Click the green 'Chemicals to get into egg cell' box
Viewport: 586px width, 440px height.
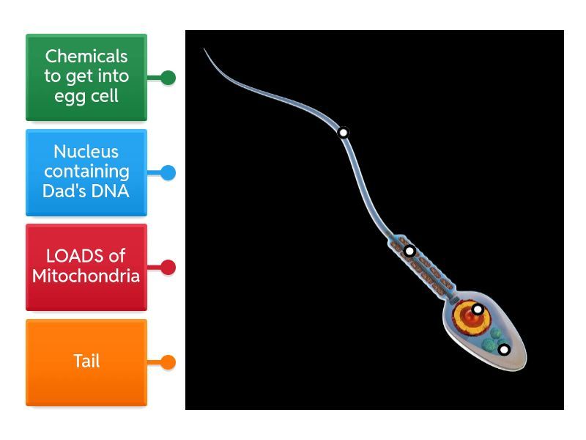point(86,77)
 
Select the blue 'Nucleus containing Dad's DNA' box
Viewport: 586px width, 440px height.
point(86,172)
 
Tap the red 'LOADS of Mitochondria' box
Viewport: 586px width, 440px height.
point(86,267)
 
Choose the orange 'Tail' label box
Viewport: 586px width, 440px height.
point(86,362)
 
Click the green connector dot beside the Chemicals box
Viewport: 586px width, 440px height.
point(168,77)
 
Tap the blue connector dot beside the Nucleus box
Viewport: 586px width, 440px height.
point(168,173)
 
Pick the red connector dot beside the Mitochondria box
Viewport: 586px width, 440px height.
point(168,268)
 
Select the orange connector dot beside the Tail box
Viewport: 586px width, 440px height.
point(168,362)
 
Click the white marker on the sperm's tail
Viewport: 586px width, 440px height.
point(343,133)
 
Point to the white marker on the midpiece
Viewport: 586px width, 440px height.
point(409,251)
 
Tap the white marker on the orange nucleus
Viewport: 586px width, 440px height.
point(477,309)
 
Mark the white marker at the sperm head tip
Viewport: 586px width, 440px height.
point(504,350)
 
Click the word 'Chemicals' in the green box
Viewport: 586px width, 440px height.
point(86,56)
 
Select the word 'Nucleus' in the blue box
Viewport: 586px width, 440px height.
point(86,152)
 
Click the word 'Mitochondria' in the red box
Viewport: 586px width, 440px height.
point(86,276)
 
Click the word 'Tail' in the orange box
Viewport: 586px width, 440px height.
point(86,361)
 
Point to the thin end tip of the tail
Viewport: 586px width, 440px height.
point(205,50)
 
